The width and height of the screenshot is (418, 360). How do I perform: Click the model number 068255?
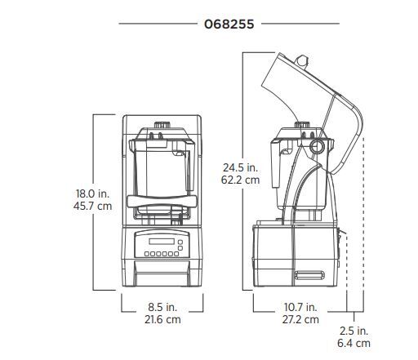(x=229, y=24)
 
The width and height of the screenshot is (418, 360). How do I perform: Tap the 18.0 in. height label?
(x=92, y=193)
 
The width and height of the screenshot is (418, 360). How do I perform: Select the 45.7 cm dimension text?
(x=92, y=206)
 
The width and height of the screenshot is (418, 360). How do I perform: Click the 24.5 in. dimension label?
(x=240, y=167)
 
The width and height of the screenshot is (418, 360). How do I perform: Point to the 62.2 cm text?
(x=240, y=180)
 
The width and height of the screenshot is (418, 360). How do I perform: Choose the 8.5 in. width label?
(x=162, y=307)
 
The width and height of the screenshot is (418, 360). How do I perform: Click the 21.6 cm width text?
(x=162, y=319)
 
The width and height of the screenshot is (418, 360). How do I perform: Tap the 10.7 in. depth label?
(x=300, y=307)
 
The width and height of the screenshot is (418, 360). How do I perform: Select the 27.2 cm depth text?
(x=300, y=319)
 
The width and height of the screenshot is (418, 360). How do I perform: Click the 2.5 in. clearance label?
(x=354, y=331)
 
